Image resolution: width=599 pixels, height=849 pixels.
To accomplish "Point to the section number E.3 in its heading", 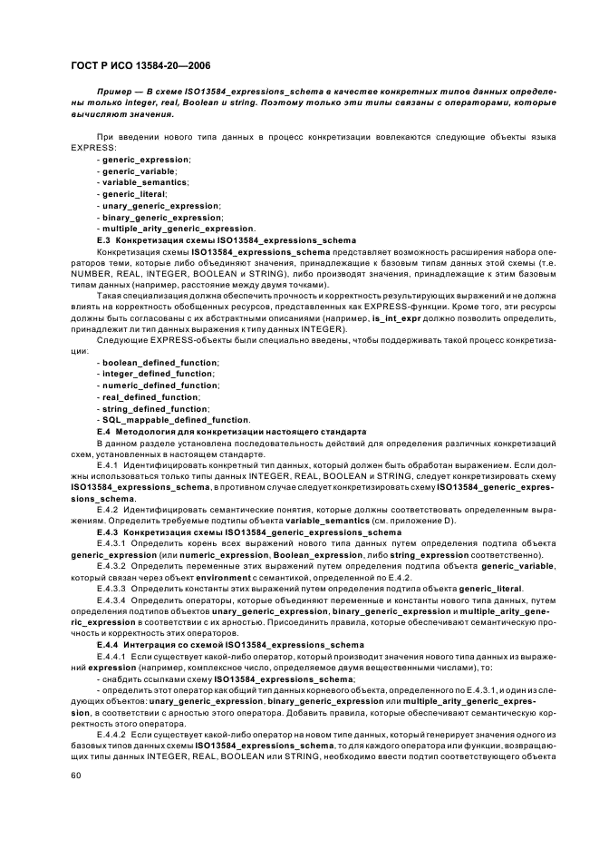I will click(x=103, y=239).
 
